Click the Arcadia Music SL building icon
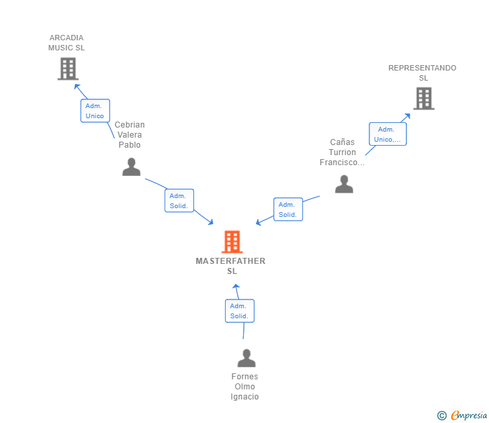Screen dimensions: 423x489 click(68, 68)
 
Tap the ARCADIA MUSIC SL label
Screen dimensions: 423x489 click(66, 43)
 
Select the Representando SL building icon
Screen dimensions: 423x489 click(423, 99)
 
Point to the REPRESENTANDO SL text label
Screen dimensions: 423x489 click(423, 73)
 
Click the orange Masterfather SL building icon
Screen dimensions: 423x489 click(232, 242)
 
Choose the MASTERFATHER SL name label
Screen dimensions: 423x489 click(230, 266)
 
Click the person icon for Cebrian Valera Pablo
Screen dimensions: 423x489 click(131, 167)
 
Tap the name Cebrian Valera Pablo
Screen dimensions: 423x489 click(130, 135)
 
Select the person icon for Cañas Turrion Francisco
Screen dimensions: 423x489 click(344, 184)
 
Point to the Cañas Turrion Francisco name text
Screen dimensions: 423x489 click(342, 152)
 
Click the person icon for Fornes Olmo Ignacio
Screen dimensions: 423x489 click(247, 358)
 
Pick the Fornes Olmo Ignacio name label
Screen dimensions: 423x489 click(244, 387)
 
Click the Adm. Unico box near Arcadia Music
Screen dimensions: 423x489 click(95, 111)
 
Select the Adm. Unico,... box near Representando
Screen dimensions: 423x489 click(388, 134)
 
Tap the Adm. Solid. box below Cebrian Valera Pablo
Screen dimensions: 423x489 click(179, 201)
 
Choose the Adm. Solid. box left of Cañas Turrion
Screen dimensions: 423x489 click(288, 209)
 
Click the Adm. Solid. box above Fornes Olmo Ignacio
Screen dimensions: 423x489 click(239, 311)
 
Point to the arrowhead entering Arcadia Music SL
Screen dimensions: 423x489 click(77, 86)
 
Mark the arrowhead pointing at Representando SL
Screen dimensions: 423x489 click(407, 116)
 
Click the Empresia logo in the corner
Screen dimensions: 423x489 click(463, 416)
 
